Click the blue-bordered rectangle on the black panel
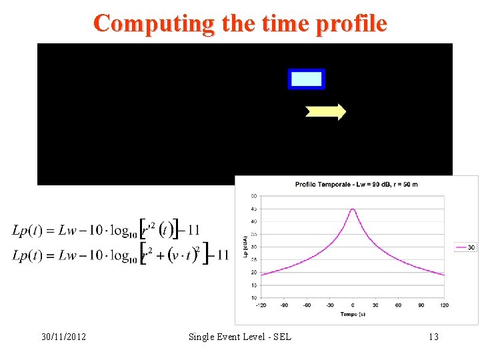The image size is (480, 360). [306, 79]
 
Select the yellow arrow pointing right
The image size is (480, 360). [325, 112]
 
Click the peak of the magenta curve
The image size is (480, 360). [353, 209]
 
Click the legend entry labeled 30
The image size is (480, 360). [465, 247]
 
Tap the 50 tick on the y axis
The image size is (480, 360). [254, 196]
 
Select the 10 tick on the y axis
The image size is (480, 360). [254, 297]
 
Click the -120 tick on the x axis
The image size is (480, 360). [261, 305]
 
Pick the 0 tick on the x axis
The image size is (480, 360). [353, 305]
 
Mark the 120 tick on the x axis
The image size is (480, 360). [444, 305]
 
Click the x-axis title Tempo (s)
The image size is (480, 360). [353, 314]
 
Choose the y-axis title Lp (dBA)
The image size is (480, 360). [245, 247]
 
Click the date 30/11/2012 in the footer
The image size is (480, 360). [63, 337]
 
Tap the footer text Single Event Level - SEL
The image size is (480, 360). [239, 337]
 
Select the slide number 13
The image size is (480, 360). [433, 337]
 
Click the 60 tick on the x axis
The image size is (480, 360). [399, 305]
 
